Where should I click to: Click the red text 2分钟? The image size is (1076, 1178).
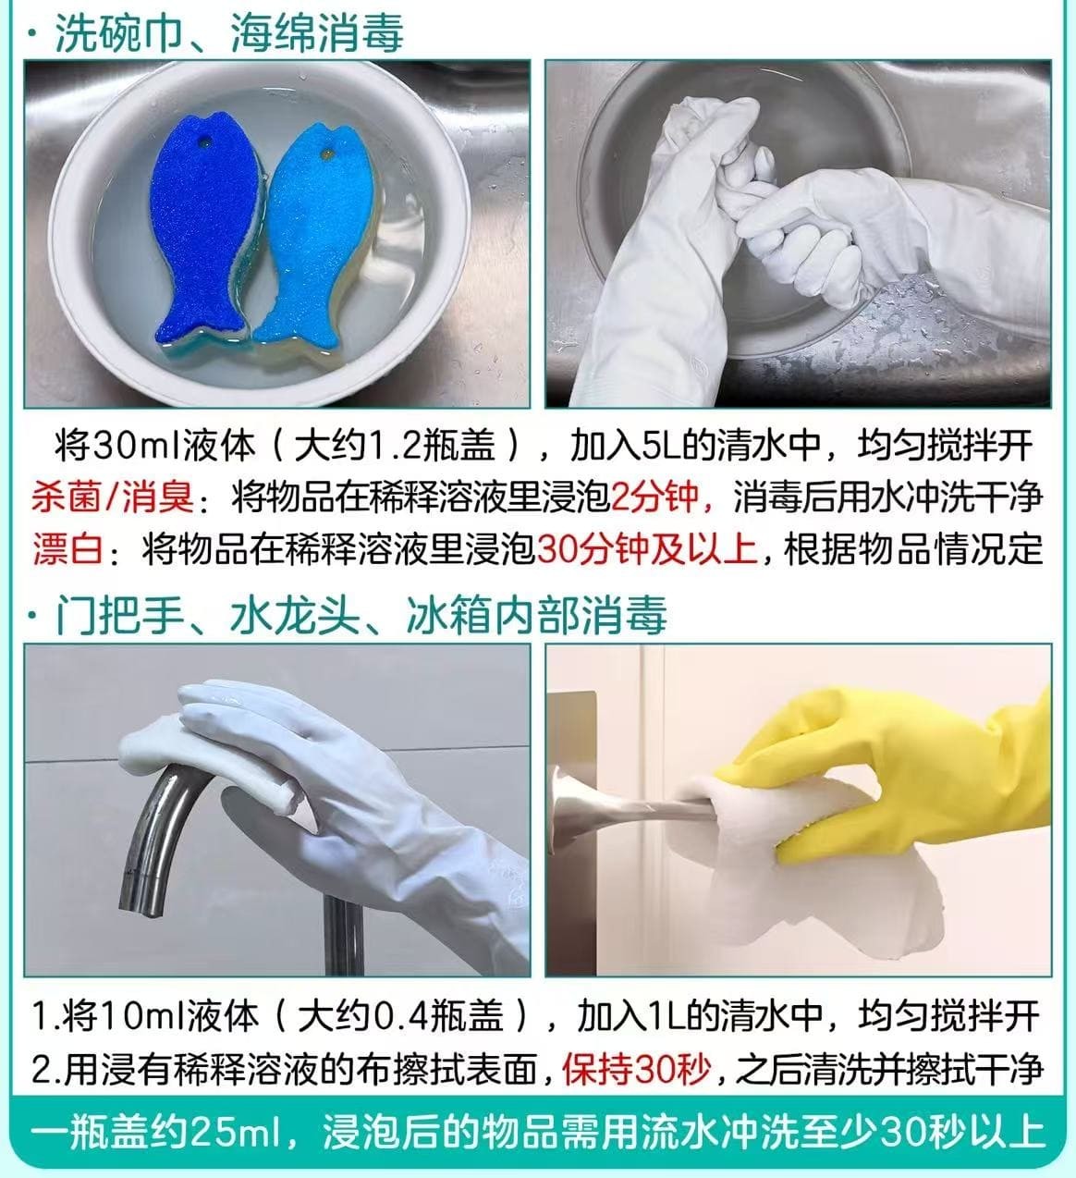[x=654, y=497]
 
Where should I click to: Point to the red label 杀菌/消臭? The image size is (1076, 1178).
[x=112, y=497]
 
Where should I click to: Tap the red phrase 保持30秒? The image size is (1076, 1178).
[x=636, y=1070]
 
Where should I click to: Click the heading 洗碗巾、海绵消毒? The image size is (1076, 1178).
[x=229, y=33]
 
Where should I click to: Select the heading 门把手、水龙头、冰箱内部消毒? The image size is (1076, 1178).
[x=361, y=615]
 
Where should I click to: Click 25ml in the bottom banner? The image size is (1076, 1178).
[x=236, y=1131]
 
